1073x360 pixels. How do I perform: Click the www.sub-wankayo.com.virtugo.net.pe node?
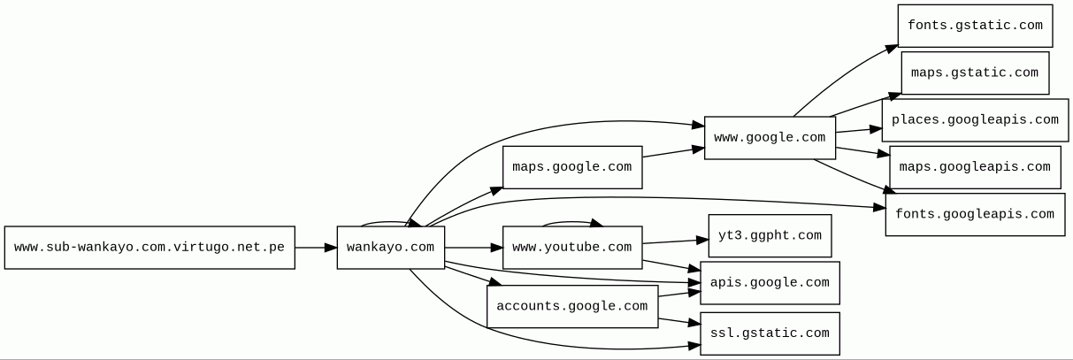pyautogui.click(x=149, y=248)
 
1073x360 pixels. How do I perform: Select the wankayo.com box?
pyautogui.click(x=390, y=248)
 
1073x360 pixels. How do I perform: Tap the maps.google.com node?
pyautogui.click(x=571, y=167)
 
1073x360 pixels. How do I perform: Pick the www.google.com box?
pyautogui.click(x=770, y=138)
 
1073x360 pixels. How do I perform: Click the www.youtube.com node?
pyautogui.click(x=571, y=248)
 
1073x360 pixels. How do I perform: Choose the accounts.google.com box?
pyautogui.click(x=571, y=307)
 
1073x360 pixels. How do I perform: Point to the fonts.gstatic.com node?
pyautogui.click(x=974, y=26)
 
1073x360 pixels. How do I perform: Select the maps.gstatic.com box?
pyautogui.click(x=974, y=73)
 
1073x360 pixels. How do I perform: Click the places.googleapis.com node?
pyautogui.click(x=974, y=120)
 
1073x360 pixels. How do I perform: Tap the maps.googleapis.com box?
pyautogui.click(x=974, y=167)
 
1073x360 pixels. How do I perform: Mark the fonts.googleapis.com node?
pyautogui.click(x=974, y=215)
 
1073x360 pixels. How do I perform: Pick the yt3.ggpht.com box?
pyautogui.click(x=770, y=236)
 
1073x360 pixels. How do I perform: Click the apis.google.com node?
pyautogui.click(x=770, y=283)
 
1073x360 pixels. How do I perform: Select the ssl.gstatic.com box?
pyautogui.click(x=770, y=333)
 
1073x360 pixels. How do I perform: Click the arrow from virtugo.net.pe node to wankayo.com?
pyautogui.click(x=316, y=248)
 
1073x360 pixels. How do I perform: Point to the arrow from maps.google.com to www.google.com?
pyautogui.click(x=673, y=153)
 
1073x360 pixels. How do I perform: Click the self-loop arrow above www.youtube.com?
pyautogui.click(x=571, y=221)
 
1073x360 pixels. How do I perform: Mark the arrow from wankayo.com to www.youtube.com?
pyautogui.click(x=473, y=248)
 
